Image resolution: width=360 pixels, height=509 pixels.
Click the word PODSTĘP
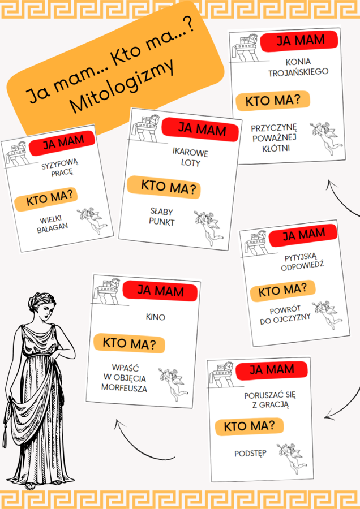tap(250, 454)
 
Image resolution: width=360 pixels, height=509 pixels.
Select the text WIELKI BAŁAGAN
tap(54, 222)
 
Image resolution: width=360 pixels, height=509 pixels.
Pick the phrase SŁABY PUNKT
tap(162, 217)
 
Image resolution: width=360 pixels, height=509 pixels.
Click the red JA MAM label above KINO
tap(160, 292)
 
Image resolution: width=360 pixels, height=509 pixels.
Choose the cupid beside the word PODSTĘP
tap(289, 458)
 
